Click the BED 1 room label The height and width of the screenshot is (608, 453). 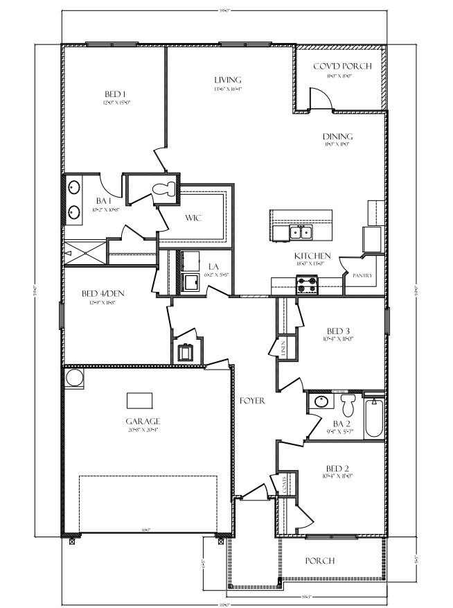[x=115, y=94]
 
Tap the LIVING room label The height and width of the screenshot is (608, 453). [x=227, y=80]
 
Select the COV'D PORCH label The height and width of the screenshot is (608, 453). [x=342, y=66]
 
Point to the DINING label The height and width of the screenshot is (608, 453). [x=337, y=136]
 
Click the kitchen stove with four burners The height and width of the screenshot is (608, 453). [x=306, y=284]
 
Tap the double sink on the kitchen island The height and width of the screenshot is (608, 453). [x=301, y=232]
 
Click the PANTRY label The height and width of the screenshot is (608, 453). [x=362, y=275]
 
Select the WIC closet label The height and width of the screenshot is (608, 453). [x=193, y=217]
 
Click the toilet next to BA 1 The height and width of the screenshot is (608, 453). [x=163, y=188]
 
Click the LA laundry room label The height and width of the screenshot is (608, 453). [x=213, y=266]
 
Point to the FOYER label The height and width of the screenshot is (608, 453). [x=252, y=401]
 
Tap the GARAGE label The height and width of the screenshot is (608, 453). [x=143, y=421]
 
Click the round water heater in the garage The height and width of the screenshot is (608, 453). [x=73, y=379]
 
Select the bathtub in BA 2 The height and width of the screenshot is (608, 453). [x=373, y=416]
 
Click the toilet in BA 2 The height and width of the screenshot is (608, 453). [x=348, y=402]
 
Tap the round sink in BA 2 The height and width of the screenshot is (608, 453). [x=320, y=401]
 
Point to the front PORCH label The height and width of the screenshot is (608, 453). [x=320, y=560]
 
